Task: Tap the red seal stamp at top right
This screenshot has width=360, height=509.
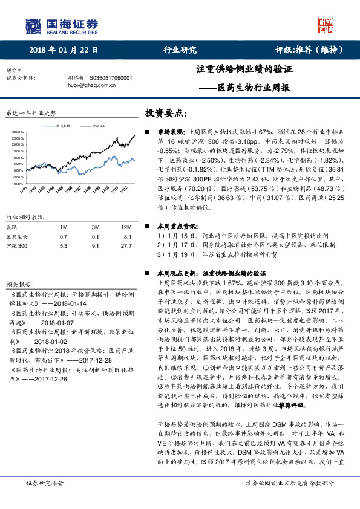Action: point(326,25)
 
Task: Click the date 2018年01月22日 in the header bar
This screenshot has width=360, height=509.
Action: point(64,50)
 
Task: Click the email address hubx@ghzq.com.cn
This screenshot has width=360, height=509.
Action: point(93,86)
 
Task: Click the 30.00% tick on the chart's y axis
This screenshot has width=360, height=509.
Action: point(17,131)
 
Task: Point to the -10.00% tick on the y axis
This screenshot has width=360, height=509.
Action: point(16,183)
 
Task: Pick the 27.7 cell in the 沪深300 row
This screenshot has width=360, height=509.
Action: point(126,245)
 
